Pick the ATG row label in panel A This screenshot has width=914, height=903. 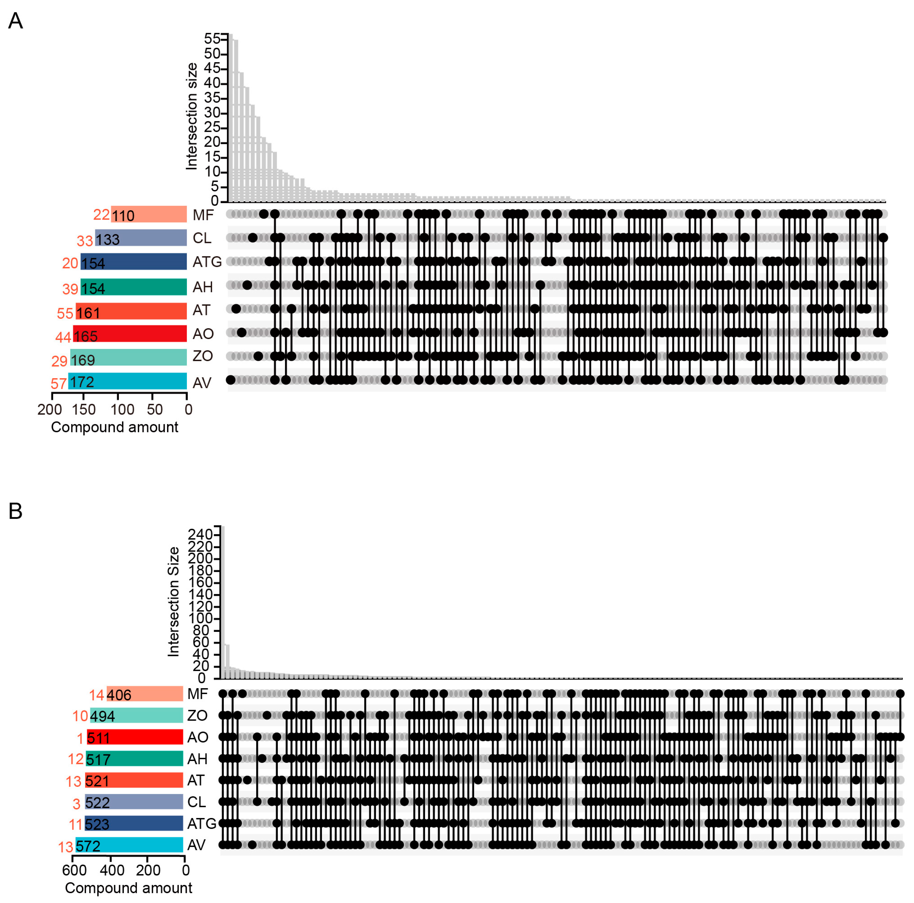click(x=207, y=261)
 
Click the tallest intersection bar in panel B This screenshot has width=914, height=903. click(x=223, y=601)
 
